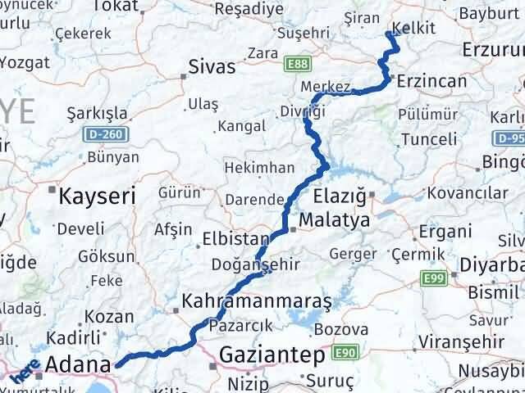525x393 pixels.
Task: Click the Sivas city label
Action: point(212,66)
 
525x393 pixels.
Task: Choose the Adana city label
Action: point(78,364)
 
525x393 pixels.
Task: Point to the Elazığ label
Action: point(343,196)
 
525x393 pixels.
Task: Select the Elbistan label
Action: point(236,240)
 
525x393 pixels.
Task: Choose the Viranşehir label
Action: point(453,340)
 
